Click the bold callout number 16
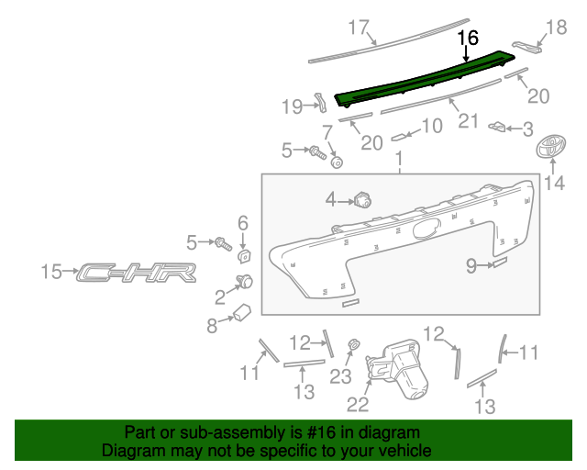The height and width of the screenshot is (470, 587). (x=468, y=38)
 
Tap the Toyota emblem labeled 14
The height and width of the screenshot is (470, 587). (x=551, y=147)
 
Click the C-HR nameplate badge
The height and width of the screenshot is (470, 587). (x=136, y=272)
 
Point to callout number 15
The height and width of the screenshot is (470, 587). (x=52, y=271)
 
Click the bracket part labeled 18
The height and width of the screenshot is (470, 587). (x=527, y=47)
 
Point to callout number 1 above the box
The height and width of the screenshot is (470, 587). (x=399, y=162)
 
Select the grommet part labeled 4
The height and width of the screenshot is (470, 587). (x=361, y=199)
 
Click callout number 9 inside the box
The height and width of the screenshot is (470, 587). (x=471, y=266)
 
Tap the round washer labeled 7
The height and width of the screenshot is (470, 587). (x=337, y=162)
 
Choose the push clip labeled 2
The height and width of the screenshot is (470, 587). (x=245, y=280)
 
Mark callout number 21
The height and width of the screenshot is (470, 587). (x=469, y=121)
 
